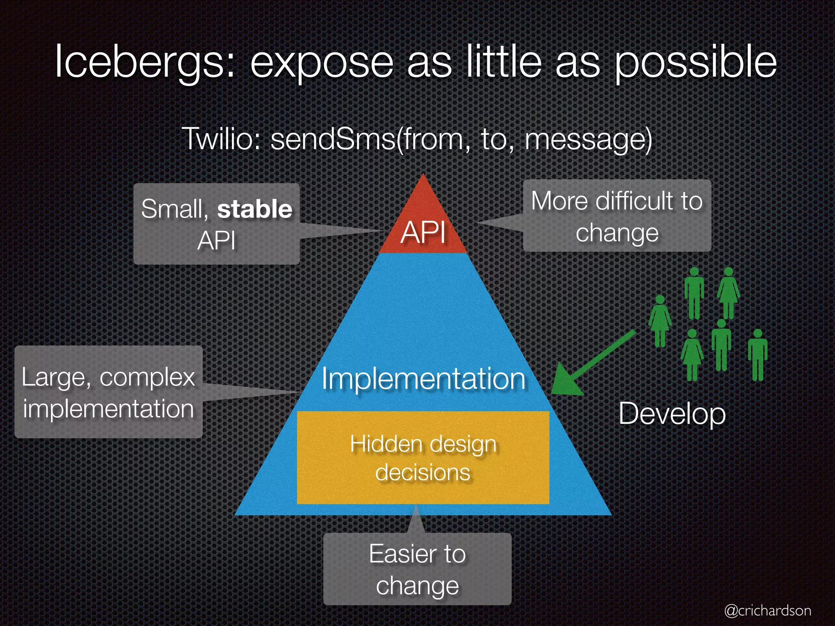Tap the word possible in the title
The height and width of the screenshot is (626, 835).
click(695, 62)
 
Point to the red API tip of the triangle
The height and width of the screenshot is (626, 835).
click(423, 228)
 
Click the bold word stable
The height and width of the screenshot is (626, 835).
click(255, 209)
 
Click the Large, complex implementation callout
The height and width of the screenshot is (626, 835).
click(108, 392)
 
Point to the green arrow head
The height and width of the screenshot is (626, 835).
click(565, 381)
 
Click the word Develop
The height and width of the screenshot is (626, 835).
click(672, 414)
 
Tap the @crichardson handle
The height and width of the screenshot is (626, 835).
click(768, 610)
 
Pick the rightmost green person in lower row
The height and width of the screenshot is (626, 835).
click(758, 355)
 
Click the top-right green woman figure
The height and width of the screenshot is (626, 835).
click(729, 291)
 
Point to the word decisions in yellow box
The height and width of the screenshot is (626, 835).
click(423, 473)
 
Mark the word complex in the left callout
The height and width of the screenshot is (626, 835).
click(148, 377)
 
